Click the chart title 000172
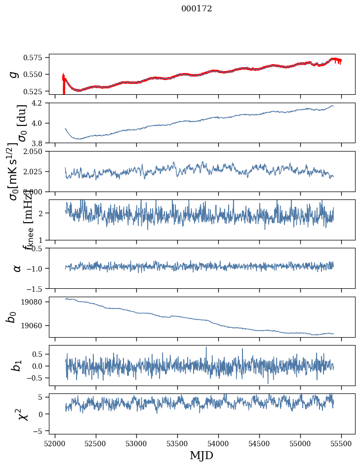click(x=197, y=9)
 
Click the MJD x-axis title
click(x=201, y=455)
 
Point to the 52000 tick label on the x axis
click(x=55, y=443)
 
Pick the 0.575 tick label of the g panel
click(x=37, y=58)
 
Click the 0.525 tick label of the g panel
click(x=37, y=91)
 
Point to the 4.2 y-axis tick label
click(x=40, y=103)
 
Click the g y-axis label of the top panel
click(x=14, y=74)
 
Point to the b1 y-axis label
click(x=17, y=366)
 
